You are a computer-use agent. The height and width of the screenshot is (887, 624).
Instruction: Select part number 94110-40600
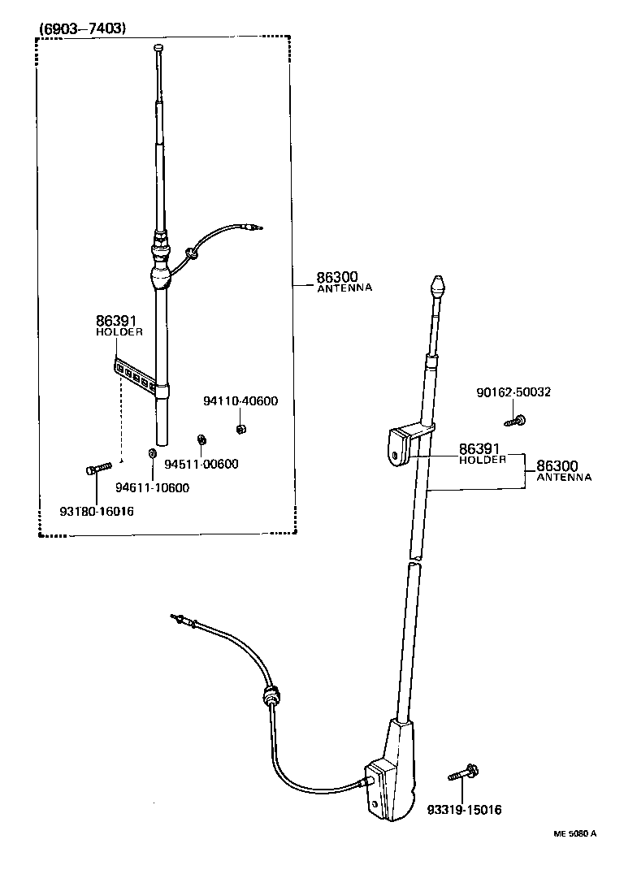pos(240,400)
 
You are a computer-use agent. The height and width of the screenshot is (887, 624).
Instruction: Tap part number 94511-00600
pos(201,464)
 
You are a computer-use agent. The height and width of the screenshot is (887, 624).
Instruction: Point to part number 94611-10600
pos(152,487)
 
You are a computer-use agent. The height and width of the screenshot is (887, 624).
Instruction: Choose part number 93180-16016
pos(97,512)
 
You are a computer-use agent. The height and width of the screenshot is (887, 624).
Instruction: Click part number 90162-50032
pos(513,392)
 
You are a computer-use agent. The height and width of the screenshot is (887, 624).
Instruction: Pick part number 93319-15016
pos(464,810)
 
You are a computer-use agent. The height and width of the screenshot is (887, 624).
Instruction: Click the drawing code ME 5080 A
pos(575,833)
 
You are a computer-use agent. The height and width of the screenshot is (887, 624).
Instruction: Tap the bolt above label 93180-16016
pos(97,469)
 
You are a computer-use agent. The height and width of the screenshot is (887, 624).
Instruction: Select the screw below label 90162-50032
pos(515,420)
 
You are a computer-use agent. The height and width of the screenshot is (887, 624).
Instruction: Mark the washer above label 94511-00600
pos(201,440)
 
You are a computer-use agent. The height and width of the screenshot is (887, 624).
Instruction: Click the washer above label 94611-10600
pos(152,452)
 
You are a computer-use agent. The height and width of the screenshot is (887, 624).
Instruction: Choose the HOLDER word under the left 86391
pos(119,332)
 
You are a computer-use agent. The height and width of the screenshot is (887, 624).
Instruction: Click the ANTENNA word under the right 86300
pos(564,478)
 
